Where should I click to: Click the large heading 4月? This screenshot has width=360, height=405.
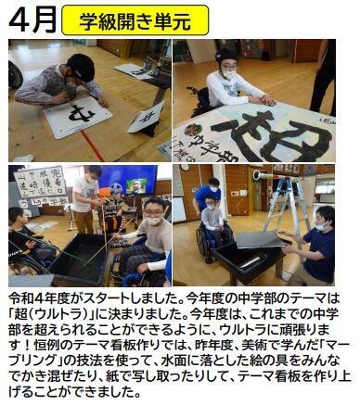(32, 19)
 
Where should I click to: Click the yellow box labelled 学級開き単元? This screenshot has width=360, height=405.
(135, 20)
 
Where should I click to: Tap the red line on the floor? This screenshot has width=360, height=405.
(93, 146)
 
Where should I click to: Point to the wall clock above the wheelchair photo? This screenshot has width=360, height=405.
(185, 167)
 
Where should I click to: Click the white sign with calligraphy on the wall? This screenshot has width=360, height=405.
(40, 182)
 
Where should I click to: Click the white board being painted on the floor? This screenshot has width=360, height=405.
(78, 117)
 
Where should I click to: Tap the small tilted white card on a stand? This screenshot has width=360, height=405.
(146, 118)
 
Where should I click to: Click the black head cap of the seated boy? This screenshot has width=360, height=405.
(226, 57)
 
